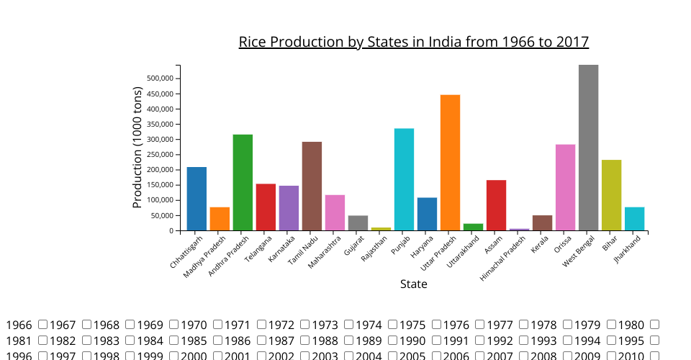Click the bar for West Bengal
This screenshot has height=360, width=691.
588,148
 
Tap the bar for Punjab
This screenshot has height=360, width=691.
404,179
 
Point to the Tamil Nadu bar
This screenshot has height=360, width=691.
312,186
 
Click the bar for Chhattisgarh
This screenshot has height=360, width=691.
197,199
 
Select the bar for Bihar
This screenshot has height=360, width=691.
611,195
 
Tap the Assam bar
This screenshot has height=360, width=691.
496,205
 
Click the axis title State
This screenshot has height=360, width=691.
414,284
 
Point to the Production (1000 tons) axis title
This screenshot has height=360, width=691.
138,148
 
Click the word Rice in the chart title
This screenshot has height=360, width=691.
252,42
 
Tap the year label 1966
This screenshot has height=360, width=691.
19,325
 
